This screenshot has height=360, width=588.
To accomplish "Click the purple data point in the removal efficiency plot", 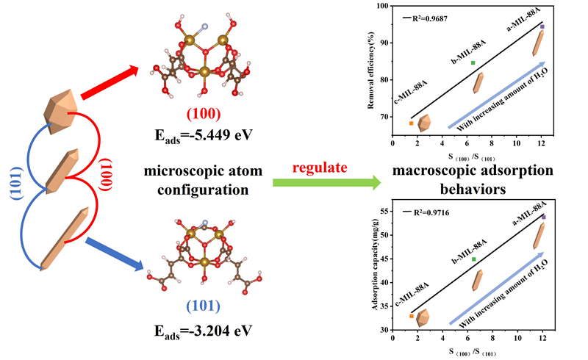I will pos(542,26).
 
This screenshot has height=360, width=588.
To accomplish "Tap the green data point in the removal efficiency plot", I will pos(473,63).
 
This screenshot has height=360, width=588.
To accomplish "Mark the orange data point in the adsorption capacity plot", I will pos(412,316).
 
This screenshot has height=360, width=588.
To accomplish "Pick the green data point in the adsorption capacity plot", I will pos(473,259).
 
